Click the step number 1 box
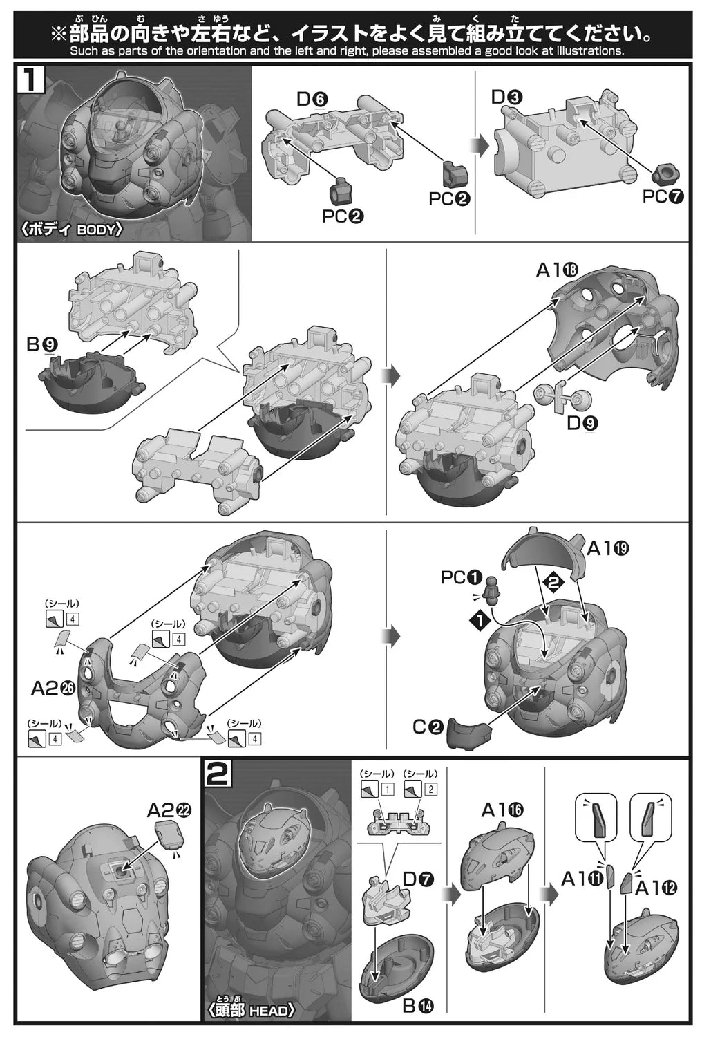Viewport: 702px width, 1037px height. pyautogui.click(x=31, y=79)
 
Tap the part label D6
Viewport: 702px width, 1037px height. pyautogui.click(x=312, y=99)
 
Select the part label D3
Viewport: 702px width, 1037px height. pyautogui.click(x=506, y=97)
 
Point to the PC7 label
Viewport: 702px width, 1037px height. pyautogui.click(x=663, y=196)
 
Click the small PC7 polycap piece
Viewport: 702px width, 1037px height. pyautogui.click(x=665, y=176)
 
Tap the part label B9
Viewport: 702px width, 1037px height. pyautogui.click(x=42, y=344)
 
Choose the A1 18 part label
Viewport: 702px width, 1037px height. pyautogui.click(x=557, y=270)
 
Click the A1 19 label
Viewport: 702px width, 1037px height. pyautogui.click(x=608, y=549)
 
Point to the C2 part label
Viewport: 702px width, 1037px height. pyautogui.click(x=428, y=727)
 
